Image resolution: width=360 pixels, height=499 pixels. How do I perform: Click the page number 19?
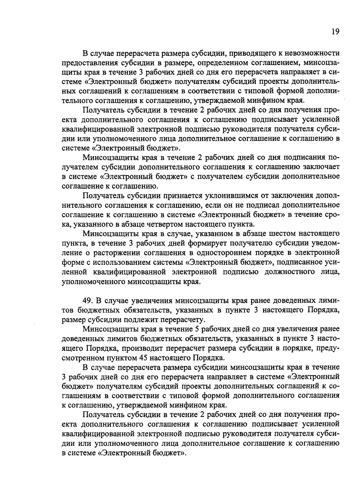coord(335,32)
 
